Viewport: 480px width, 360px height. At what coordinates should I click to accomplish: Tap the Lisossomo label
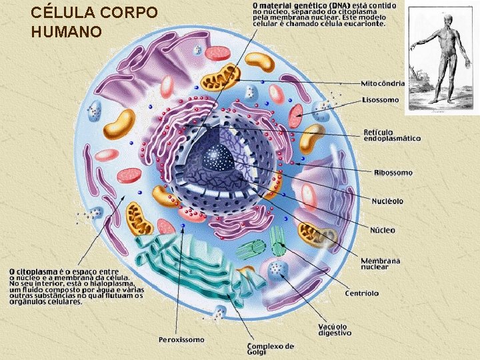380,100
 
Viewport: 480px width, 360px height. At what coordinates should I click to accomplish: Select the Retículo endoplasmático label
392,135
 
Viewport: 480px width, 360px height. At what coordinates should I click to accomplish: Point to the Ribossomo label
393,173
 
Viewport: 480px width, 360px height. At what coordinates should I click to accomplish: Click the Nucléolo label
387,201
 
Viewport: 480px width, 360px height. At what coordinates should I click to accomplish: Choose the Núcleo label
382,230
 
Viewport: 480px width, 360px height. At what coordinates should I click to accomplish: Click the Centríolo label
362,293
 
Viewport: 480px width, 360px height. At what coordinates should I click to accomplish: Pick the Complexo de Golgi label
270,349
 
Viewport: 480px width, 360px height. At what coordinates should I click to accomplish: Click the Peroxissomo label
181,339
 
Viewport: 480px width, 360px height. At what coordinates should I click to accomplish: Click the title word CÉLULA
62,13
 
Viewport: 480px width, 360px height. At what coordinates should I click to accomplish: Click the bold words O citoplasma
33,272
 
